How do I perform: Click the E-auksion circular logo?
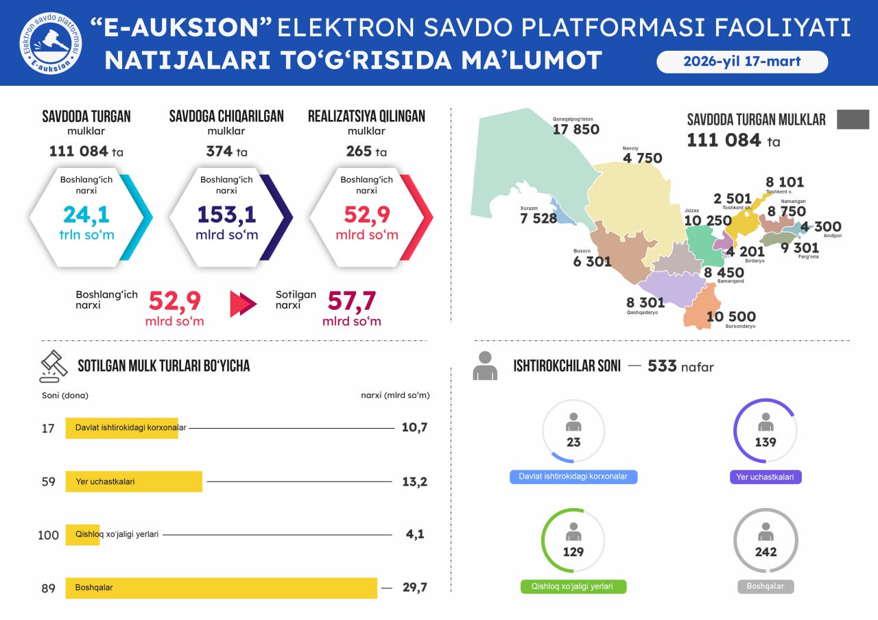coord(50,43)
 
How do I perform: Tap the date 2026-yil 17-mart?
coord(742,62)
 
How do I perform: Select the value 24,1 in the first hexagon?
coord(86,215)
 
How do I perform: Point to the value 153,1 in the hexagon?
coord(226,215)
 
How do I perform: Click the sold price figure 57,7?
coord(351,300)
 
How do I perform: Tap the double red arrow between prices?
coord(243,304)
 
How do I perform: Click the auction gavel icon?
coord(54,366)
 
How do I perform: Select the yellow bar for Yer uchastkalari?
coord(134,481)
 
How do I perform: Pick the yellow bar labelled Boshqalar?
coord(221,588)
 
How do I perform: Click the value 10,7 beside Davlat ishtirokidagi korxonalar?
coord(414,427)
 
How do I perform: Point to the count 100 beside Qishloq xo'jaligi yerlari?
coord(48,535)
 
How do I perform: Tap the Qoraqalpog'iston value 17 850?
coord(576,129)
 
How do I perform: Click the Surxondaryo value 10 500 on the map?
coord(731,316)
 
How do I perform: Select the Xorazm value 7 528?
coord(538,218)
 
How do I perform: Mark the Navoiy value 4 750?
coord(642,158)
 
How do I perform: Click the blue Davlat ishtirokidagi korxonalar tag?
coord(573,477)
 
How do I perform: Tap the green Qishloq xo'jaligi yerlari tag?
coord(573,587)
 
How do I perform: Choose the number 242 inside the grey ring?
coord(766,551)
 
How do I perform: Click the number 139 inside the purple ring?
coord(766,442)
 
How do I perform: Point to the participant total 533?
coord(662,366)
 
